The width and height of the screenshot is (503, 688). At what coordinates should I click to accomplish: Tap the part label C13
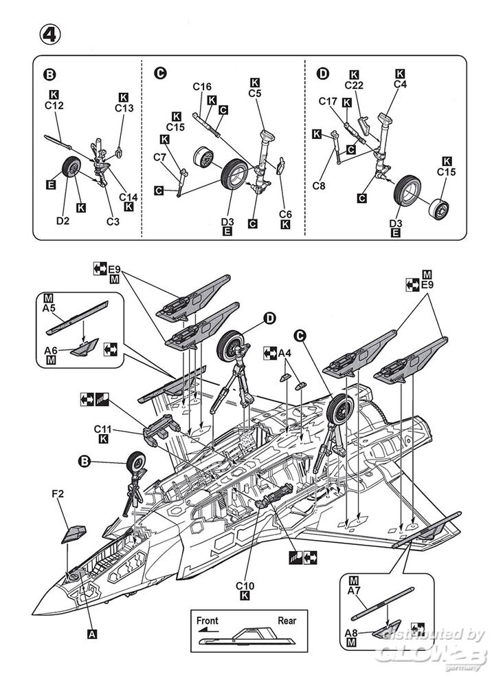(x=124, y=108)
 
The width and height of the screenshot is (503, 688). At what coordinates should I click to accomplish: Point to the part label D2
(x=63, y=221)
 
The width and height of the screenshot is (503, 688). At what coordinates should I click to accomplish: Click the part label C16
(x=202, y=87)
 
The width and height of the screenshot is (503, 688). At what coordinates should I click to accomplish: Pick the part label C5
(x=255, y=94)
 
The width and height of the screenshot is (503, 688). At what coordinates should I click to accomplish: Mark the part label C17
(x=328, y=102)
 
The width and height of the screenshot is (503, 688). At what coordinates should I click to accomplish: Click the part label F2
(x=59, y=493)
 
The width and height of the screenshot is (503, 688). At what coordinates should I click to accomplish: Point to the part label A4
(x=285, y=354)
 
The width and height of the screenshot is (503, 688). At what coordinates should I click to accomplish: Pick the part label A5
(x=49, y=308)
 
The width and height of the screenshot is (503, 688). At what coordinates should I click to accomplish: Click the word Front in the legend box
(x=208, y=621)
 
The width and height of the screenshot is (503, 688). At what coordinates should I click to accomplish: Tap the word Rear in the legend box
(x=287, y=621)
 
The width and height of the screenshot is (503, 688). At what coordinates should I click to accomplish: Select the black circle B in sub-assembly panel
(x=49, y=74)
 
